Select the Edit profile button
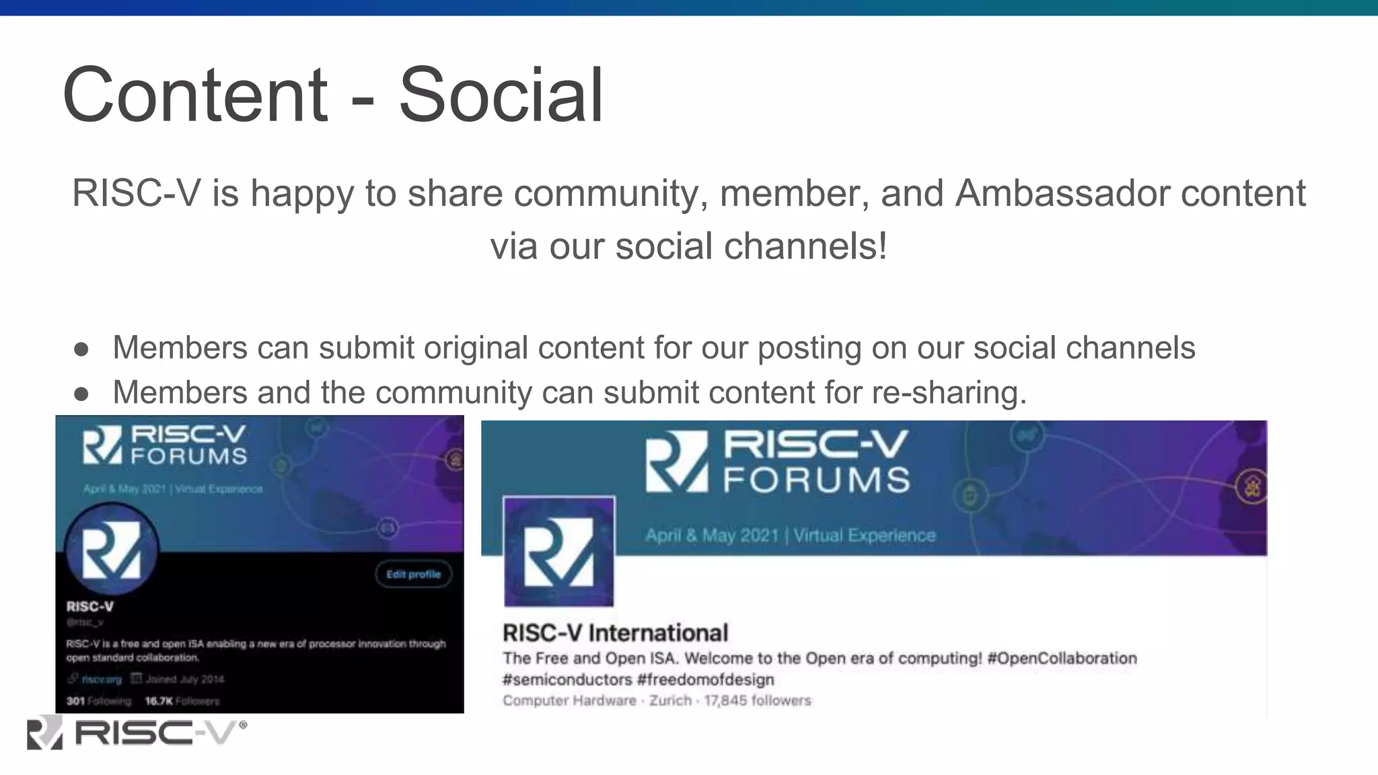[x=413, y=574]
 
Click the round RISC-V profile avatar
[x=112, y=549]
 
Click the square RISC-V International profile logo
[x=558, y=552]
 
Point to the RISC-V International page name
[x=615, y=633]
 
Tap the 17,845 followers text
[x=758, y=700]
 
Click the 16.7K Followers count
[x=182, y=701]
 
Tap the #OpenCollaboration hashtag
[x=1062, y=658]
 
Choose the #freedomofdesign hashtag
[x=706, y=679]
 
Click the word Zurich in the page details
[x=670, y=700]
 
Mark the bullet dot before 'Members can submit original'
[x=82, y=348]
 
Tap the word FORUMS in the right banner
[x=816, y=480]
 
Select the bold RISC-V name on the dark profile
[x=90, y=606]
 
